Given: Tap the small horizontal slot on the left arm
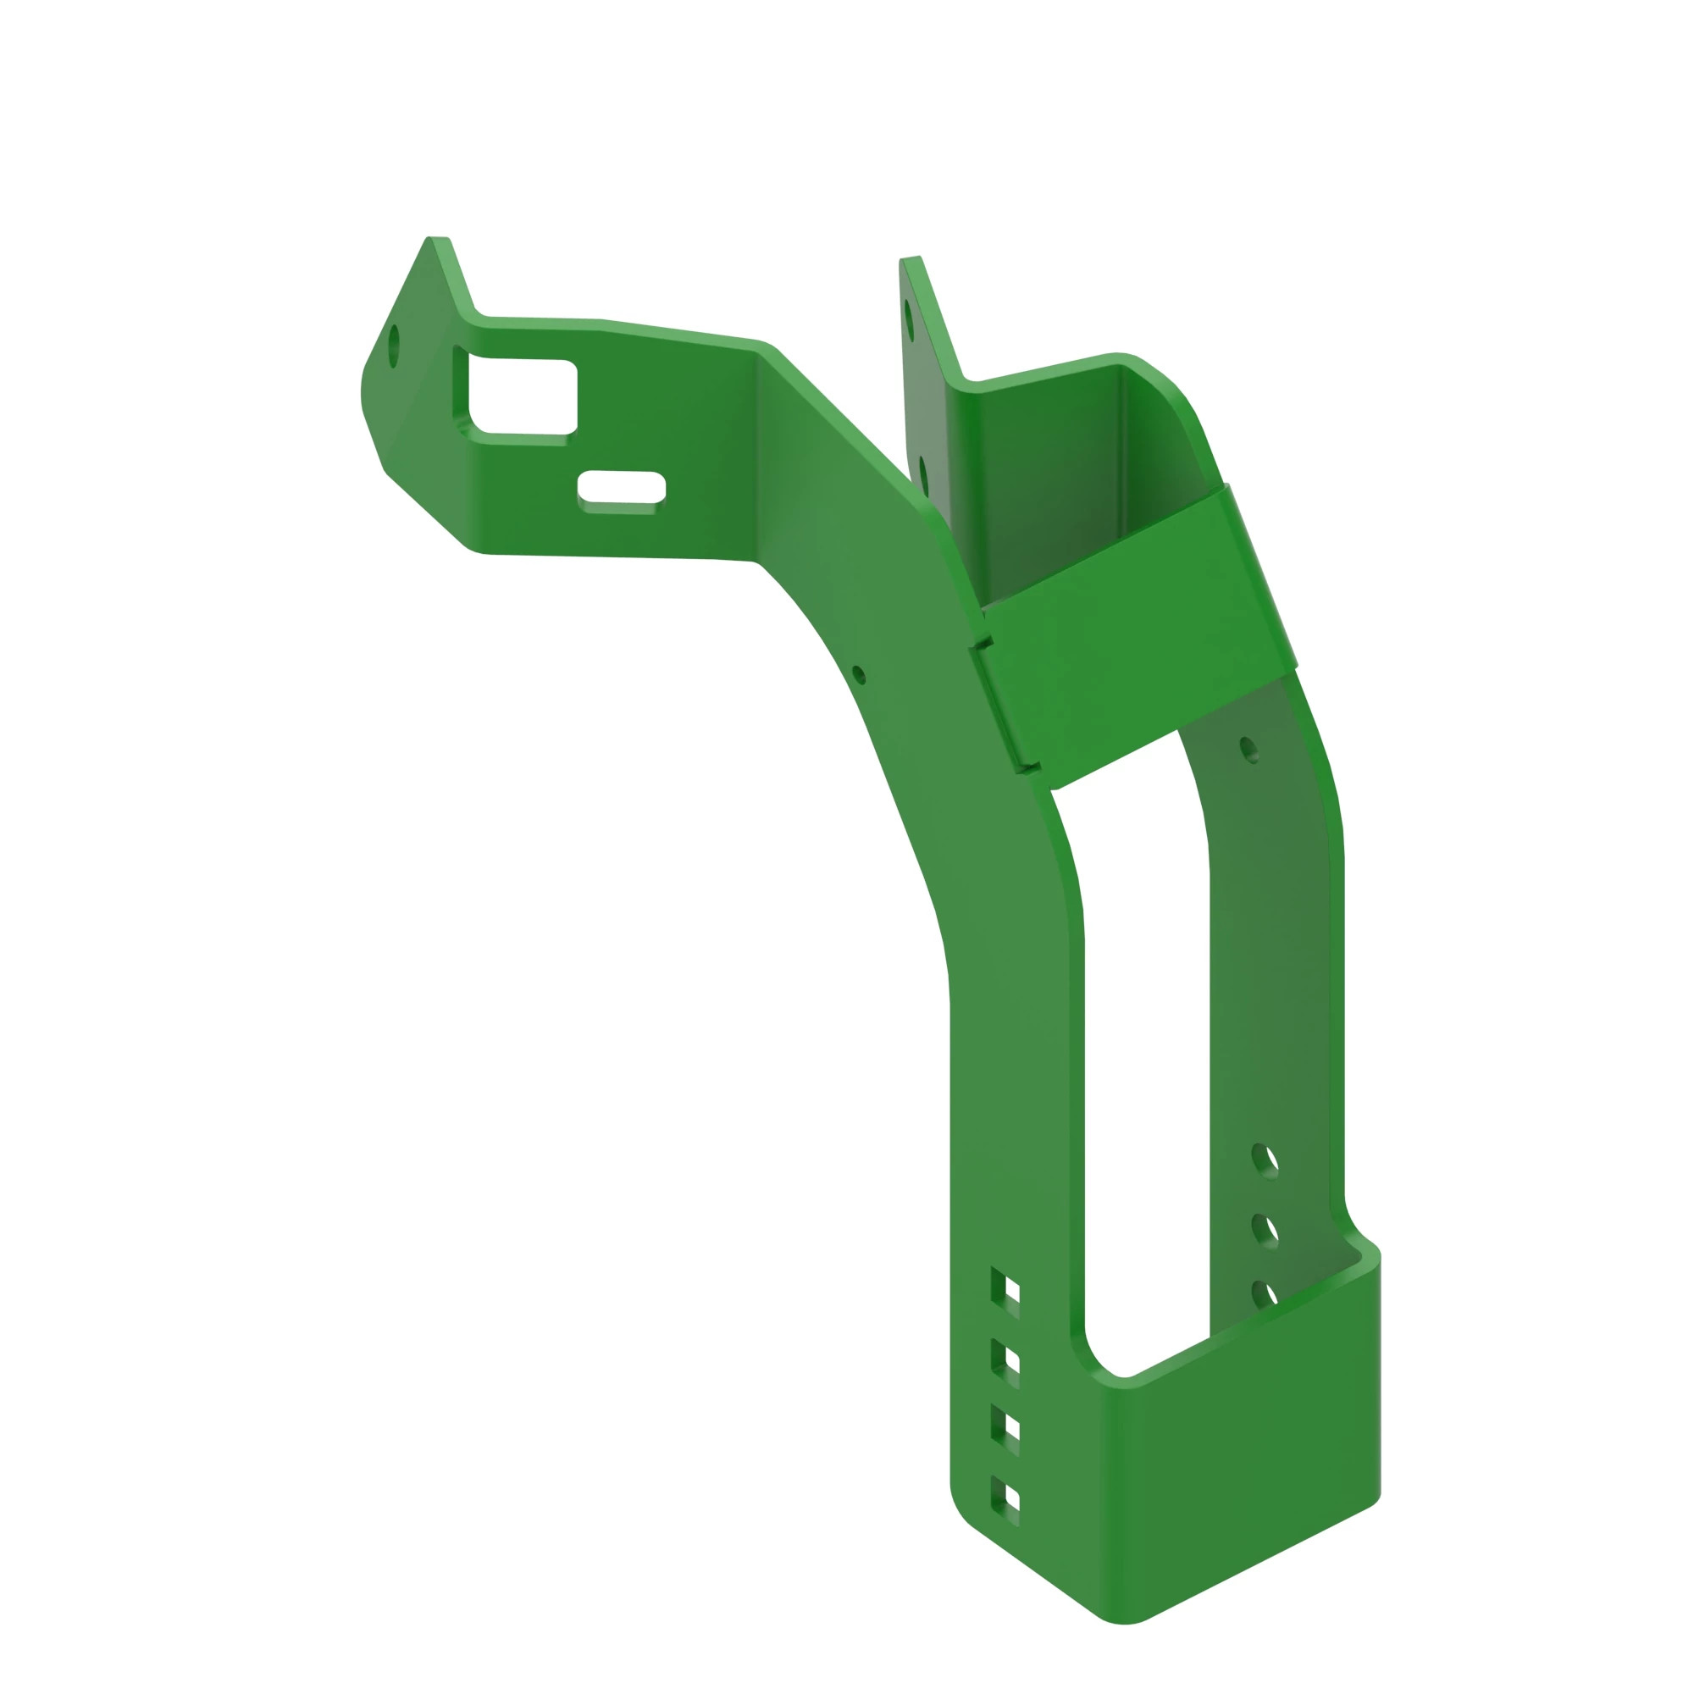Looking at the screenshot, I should (x=622, y=487).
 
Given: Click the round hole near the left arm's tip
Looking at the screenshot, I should (x=394, y=346).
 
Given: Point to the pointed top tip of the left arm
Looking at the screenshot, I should (x=438, y=240).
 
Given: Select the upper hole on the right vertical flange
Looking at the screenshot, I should (x=909, y=320).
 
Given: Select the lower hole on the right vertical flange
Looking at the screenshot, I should (x=924, y=476).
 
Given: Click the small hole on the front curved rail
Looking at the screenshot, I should (x=858, y=674).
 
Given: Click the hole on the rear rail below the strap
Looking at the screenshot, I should (x=1248, y=750).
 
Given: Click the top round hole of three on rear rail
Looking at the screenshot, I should (x=1265, y=1160).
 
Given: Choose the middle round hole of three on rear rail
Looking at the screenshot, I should (x=1265, y=1230).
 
